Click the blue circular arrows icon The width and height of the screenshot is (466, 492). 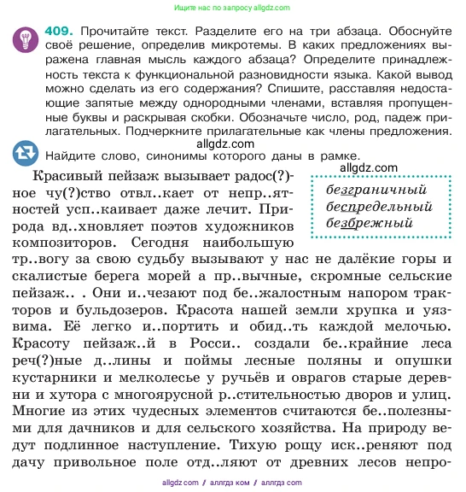26,154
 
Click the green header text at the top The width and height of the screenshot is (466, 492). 232,5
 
